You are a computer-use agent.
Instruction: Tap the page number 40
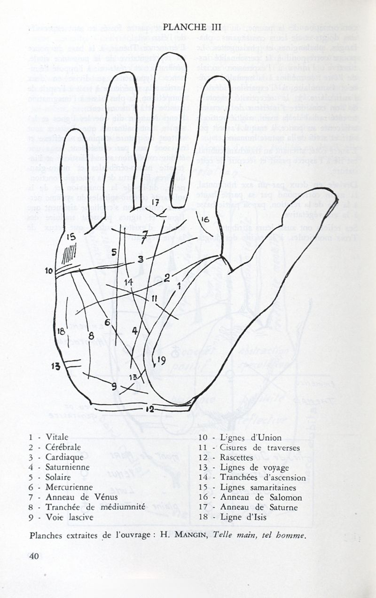(x=34, y=556)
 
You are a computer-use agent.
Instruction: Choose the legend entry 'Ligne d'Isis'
(x=244, y=518)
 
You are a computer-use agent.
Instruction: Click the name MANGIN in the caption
(x=190, y=535)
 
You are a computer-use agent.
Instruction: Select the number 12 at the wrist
(x=149, y=409)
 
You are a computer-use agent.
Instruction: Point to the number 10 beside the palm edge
(x=49, y=271)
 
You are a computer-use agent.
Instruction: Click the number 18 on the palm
(x=61, y=331)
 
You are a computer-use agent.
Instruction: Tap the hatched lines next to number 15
(x=69, y=254)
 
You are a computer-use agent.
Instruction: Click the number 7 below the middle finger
(x=145, y=234)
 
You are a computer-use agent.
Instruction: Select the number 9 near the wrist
(x=113, y=386)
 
